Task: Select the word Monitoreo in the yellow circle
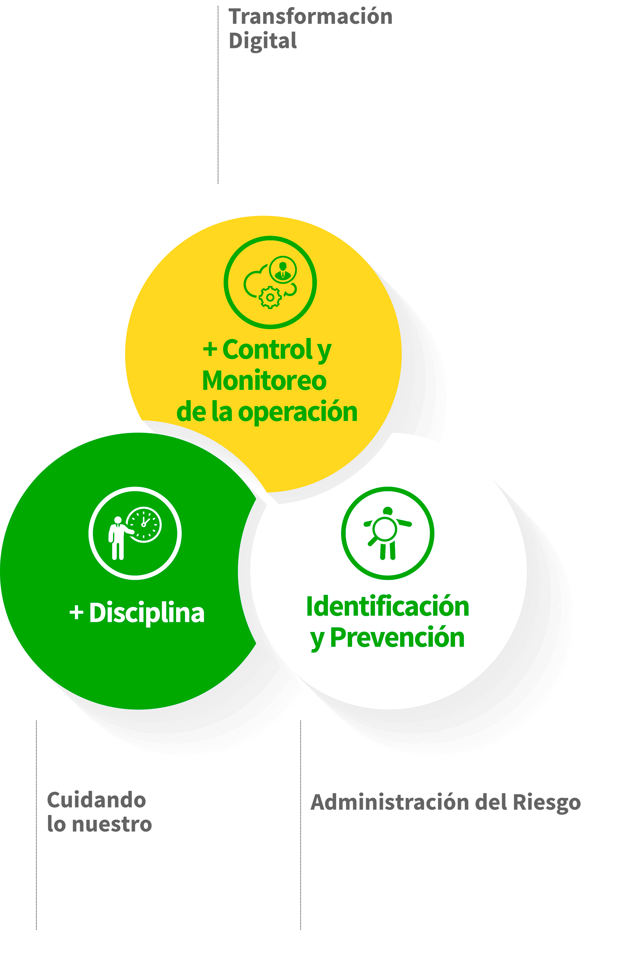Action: point(264,380)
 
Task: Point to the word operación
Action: point(297,413)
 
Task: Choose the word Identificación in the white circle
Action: point(387,606)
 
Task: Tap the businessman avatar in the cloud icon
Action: point(283,270)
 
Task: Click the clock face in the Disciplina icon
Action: point(144,524)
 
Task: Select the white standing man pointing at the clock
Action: point(119,538)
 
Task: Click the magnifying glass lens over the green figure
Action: point(385,528)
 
